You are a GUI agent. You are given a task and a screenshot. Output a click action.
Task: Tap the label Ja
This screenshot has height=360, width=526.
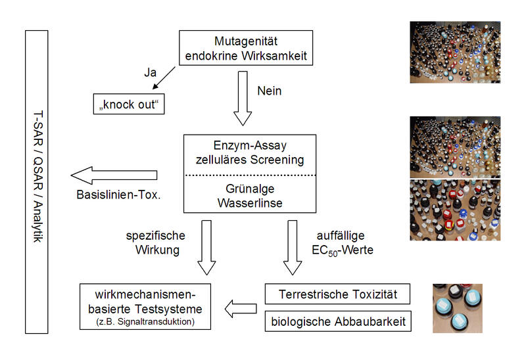pyautogui.click(x=151, y=73)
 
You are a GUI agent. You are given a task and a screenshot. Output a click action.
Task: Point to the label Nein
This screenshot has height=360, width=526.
pyautogui.click(x=269, y=91)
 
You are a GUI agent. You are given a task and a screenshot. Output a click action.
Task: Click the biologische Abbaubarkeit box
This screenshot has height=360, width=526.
pyautogui.click(x=337, y=321)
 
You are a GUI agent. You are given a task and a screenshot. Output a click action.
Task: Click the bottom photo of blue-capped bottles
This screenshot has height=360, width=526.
pyautogui.click(x=457, y=308)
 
